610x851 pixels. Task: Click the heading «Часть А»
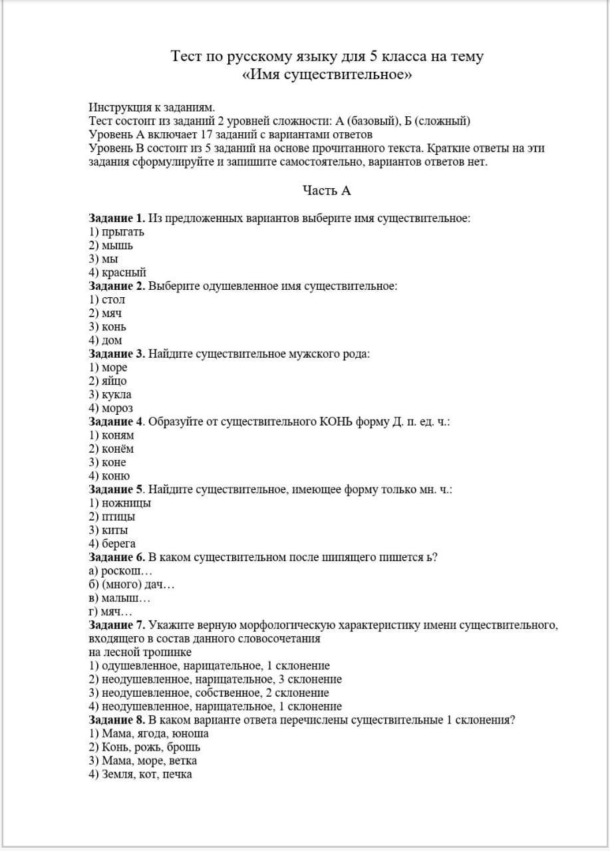326,191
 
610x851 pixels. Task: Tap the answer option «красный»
118,273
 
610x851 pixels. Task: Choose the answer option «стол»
107,300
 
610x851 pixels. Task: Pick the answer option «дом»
106,340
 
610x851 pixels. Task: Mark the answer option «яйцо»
108,381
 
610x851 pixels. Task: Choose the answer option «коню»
110,476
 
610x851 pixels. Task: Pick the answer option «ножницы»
120,503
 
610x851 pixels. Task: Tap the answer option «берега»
112,544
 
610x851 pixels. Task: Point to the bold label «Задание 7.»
117,625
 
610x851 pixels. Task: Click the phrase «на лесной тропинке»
140,652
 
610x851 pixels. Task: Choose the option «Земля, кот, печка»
140,775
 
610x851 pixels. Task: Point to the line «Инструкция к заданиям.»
152,107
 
